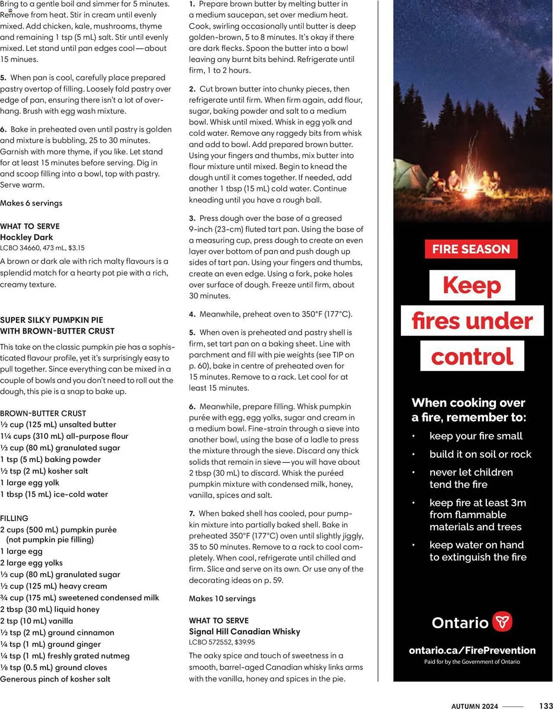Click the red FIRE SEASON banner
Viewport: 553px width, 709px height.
(x=471, y=249)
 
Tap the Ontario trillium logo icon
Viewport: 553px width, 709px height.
(x=502, y=621)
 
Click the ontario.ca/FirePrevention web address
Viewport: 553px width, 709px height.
(x=472, y=650)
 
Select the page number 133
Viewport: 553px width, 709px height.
(x=546, y=705)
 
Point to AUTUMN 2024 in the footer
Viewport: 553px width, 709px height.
(x=474, y=706)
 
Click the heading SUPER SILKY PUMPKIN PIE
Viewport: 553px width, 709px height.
(x=52, y=320)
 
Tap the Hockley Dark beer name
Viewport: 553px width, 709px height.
(x=27, y=237)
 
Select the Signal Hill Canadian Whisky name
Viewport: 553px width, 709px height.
(x=244, y=631)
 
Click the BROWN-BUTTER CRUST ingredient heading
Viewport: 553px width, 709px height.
(x=43, y=413)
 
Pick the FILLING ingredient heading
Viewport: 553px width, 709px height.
(x=14, y=518)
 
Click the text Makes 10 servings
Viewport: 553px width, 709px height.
(x=222, y=598)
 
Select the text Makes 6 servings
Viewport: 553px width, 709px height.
(x=31, y=203)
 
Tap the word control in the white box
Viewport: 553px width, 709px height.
(x=472, y=356)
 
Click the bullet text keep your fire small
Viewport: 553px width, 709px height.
(x=475, y=436)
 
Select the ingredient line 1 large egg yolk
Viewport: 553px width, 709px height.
(x=30, y=482)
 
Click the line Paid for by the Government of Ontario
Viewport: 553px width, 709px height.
(x=472, y=661)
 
